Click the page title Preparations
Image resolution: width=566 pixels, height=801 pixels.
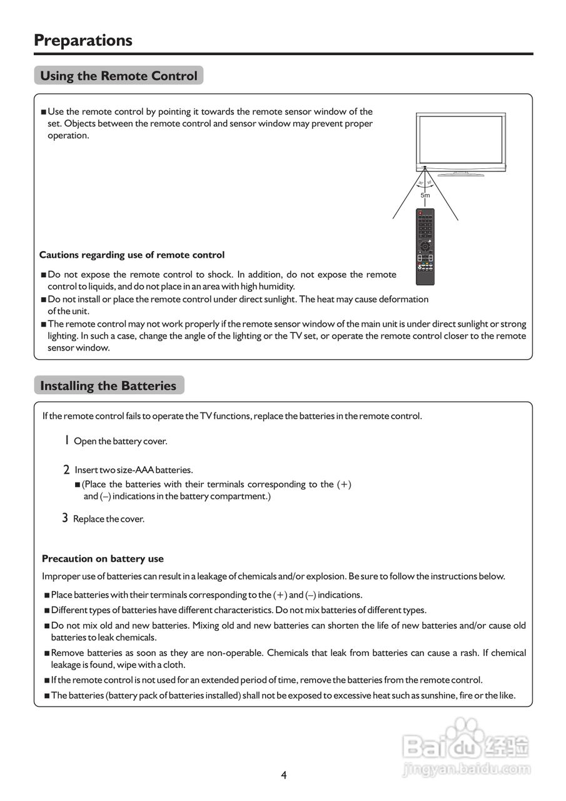coord(83,40)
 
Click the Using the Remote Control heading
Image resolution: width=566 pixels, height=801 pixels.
coord(118,76)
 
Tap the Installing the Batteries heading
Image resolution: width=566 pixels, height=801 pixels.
coord(108,385)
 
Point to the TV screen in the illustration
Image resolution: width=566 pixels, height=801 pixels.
coord(460,140)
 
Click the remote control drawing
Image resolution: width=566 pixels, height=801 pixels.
coord(425,247)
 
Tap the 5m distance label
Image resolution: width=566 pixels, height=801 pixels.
coord(425,195)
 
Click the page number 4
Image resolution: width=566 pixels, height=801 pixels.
coord(283,775)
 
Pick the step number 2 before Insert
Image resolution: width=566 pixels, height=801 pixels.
coord(66,469)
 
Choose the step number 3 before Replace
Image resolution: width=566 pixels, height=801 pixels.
coord(65,518)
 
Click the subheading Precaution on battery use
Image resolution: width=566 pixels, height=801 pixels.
coord(103,559)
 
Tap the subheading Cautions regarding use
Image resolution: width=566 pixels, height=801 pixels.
coord(132,255)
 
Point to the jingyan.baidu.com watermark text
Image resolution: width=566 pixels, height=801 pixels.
coord(467,769)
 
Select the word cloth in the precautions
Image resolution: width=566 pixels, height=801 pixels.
coord(173,665)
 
